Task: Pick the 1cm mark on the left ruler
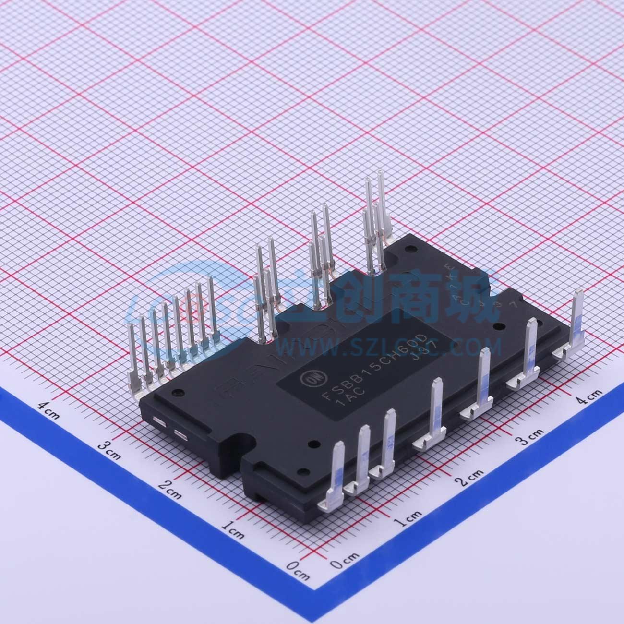tap(233, 529)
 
